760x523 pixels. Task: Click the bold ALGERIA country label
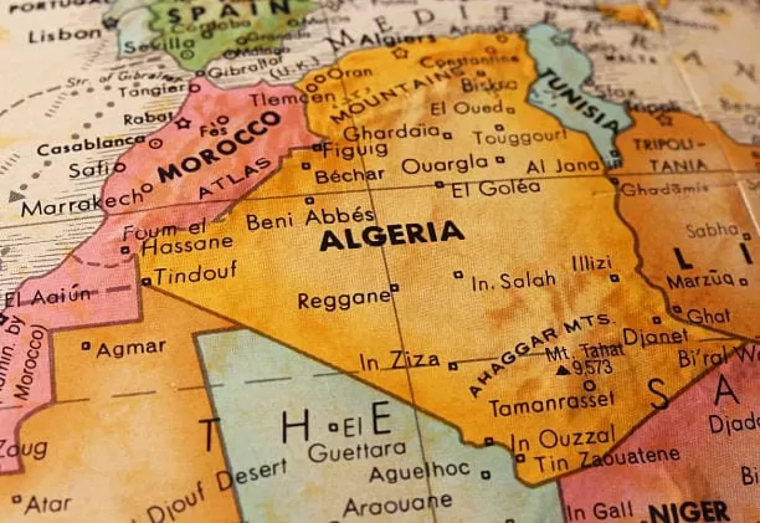[391, 234]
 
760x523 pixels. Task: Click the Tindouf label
[195, 272]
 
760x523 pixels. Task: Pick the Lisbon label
[65, 34]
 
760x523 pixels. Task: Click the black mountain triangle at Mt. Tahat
[562, 370]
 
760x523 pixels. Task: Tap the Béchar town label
[349, 175]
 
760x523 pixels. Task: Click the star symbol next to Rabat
[182, 123]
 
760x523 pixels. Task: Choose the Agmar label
[131, 348]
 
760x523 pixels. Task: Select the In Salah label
[514, 281]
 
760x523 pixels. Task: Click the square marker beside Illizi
[615, 277]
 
